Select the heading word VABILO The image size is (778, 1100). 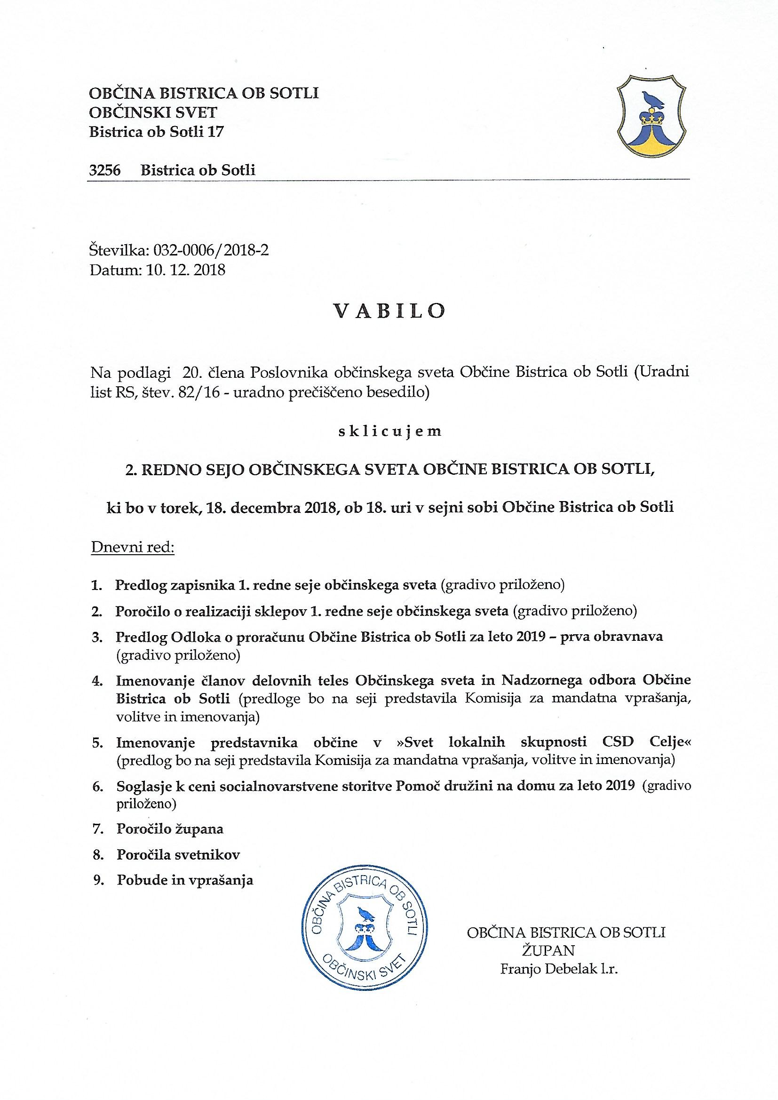(x=389, y=311)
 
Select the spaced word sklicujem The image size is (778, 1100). (x=389, y=431)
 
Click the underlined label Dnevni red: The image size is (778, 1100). (x=133, y=547)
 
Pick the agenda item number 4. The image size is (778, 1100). (x=97, y=681)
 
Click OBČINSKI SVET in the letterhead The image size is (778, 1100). (x=153, y=112)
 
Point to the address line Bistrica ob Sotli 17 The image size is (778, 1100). (x=156, y=132)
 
